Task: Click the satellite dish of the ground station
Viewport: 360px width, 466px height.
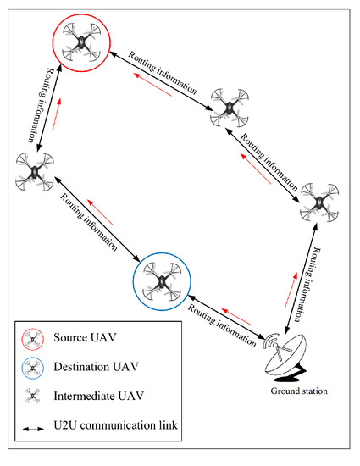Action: pyautogui.click(x=292, y=354)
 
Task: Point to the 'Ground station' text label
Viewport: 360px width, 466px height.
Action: pyautogui.click(x=298, y=391)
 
